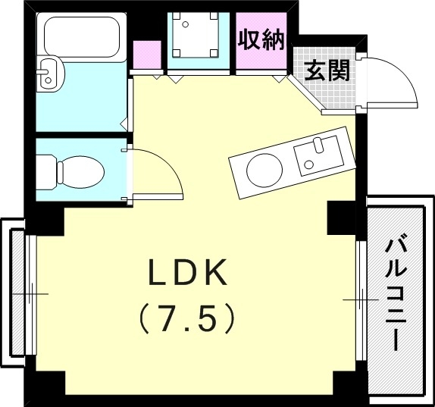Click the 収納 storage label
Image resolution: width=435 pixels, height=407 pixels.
click(x=261, y=40)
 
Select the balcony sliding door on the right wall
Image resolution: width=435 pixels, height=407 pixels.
click(x=361, y=300)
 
